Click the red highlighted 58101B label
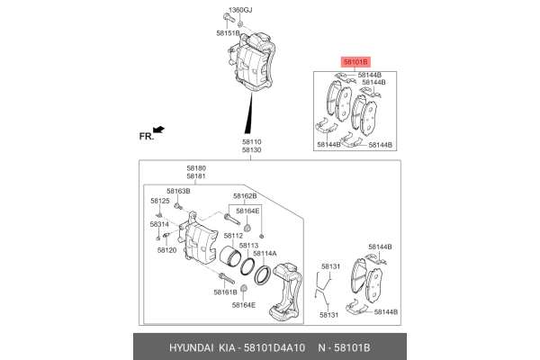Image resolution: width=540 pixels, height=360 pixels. coord(355,62)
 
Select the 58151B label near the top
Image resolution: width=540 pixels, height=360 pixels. coord(228,33)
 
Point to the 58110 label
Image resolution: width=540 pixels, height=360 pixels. coord(251,141)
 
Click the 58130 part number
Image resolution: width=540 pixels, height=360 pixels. coord(251,150)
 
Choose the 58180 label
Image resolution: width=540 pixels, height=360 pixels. coord(196,168)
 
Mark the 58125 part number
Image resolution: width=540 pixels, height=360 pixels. coord(159,201)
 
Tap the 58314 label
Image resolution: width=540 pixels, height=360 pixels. coord(159,224)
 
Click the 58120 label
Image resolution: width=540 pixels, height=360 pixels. coord(166,249)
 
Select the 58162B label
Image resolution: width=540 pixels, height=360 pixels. coord(245,195)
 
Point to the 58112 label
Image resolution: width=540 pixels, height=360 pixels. coord(233,236)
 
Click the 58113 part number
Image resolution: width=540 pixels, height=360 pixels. coord(248,245)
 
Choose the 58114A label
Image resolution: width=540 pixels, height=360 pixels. coord(265,254)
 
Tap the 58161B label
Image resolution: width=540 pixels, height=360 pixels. coord(226,292)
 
